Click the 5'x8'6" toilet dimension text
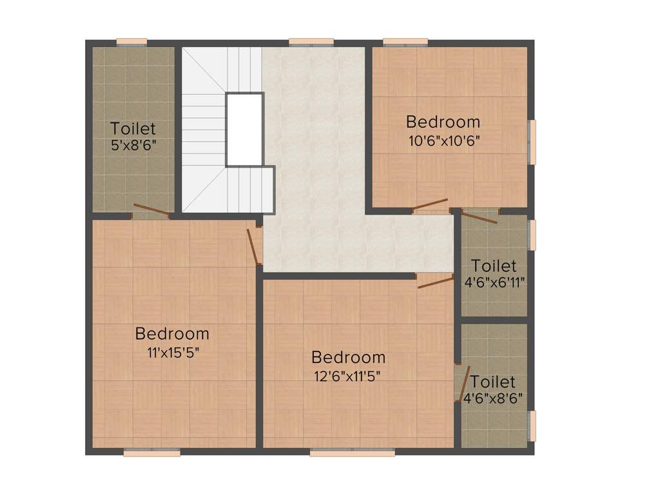tap(133, 145)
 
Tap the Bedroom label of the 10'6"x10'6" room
tap(443, 121)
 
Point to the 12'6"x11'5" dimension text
tap(348, 375)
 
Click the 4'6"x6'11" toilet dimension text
tap(494, 282)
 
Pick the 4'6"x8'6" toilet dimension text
tap(493, 398)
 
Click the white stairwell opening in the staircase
tap(244, 130)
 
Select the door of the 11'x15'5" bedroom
tap(253, 247)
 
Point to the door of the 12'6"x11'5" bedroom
tap(436, 281)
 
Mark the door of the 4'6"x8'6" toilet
tap(460, 383)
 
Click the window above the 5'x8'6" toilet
tap(131, 43)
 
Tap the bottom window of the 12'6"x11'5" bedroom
tap(352, 453)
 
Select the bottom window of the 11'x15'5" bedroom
tap(151, 453)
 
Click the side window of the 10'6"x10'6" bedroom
tap(532, 142)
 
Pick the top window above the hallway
tap(311, 43)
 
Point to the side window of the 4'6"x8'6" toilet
tap(532, 426)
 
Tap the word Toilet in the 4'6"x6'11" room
tap(494, 266)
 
